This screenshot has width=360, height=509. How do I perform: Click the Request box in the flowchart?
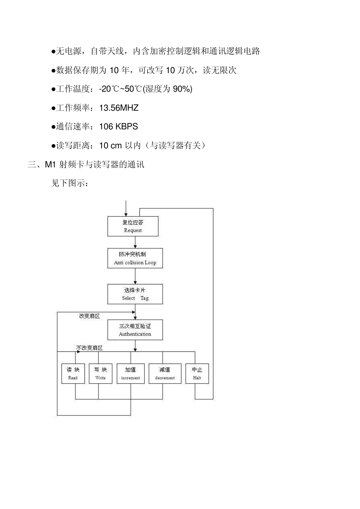point(133,226)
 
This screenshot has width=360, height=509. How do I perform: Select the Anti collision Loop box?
point(135,258)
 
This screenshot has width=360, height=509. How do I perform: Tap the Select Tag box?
point(135,294)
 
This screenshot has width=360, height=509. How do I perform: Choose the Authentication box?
point(135,330)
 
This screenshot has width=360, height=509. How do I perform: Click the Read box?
point(73,373)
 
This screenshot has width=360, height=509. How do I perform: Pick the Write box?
point(100,373)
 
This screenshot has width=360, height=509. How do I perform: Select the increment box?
point(130,373)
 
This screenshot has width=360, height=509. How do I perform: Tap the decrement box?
point(164,373)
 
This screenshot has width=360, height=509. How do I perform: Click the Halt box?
point(197,373)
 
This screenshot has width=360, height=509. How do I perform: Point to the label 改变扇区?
point(89,316)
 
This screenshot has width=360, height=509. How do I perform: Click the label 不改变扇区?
point(89,348)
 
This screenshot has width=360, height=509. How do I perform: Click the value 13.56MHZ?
point(119,108)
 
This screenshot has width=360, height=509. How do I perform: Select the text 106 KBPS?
point(118,126)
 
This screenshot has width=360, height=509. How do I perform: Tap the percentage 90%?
point(182,89)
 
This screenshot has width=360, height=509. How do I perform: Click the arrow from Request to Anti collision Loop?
point(135,242)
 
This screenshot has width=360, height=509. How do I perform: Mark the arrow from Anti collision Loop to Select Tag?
point(135,276)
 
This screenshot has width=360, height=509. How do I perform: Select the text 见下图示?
point(68,183)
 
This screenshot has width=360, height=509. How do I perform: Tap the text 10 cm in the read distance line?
point(110,145)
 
